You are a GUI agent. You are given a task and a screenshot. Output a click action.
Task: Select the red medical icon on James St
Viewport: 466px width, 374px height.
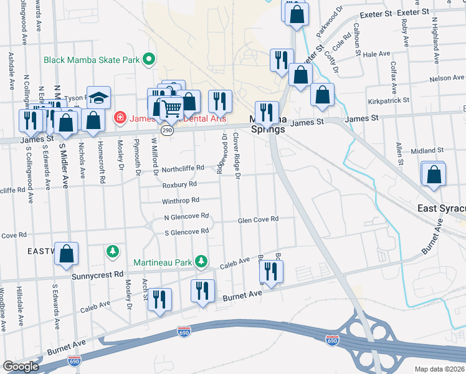(119, 117)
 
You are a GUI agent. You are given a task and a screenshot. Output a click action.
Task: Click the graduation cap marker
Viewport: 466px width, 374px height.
(98, 98)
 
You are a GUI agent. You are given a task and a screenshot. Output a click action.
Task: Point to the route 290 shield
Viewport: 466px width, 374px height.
(166, 130)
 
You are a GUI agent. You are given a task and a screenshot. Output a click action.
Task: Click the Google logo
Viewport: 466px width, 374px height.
(21, 366)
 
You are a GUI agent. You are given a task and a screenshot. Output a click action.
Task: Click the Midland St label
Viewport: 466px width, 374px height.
(427, 151)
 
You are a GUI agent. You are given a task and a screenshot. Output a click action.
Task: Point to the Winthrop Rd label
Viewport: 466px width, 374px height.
(180, 201)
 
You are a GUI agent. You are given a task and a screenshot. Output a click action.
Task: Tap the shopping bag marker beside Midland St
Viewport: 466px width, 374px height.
(434, 176)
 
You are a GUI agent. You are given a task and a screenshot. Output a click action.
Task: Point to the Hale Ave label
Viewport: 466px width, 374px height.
(376, 55)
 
